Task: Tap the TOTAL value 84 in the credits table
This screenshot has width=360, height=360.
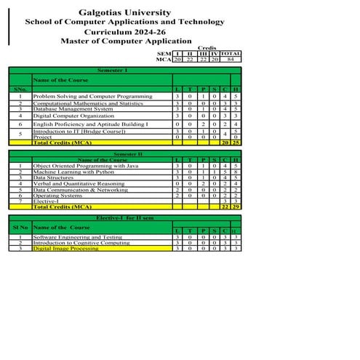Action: tap(231, 59)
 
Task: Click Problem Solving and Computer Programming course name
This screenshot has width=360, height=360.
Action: tap(92, 96)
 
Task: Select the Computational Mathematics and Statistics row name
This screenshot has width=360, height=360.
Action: tap(88, 104)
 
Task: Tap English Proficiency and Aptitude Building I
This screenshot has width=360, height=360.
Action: tap(90, 125)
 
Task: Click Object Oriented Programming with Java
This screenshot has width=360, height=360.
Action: tap(86, 166)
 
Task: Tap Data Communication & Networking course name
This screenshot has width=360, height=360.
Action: tap(81, 190)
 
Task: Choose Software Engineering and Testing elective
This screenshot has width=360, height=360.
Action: tap(78, 237)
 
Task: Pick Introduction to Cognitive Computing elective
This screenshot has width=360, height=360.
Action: tap(81, 243)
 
